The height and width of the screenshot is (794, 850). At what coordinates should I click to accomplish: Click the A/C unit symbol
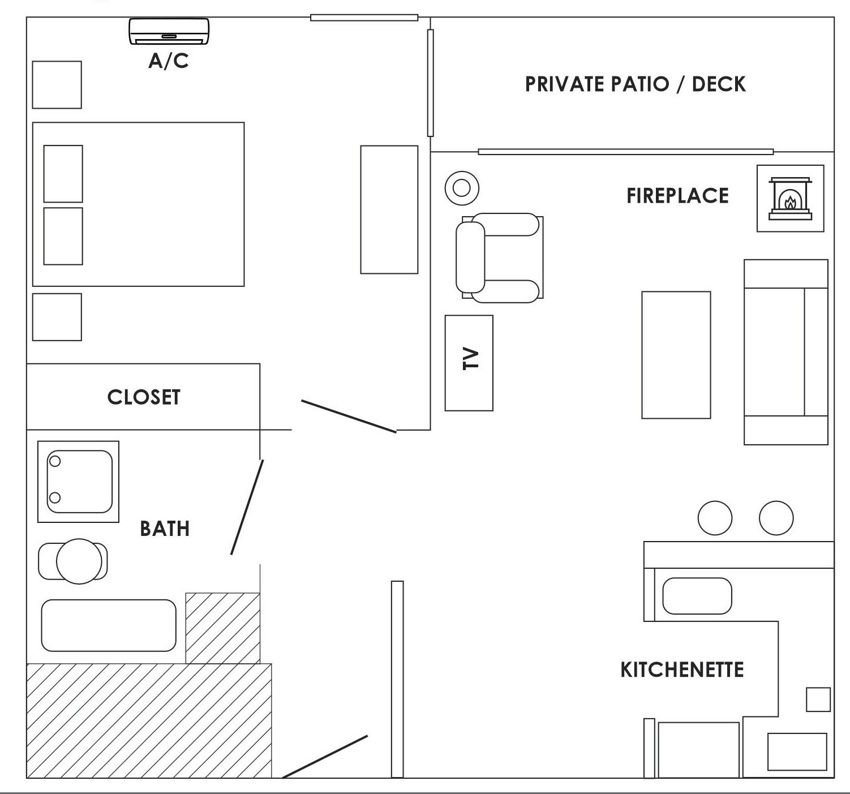[169, 31]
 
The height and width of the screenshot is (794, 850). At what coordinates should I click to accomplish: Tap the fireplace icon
[790, 199]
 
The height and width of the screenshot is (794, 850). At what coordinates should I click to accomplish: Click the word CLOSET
[144, 397]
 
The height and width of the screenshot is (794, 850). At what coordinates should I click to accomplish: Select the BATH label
[165, 529]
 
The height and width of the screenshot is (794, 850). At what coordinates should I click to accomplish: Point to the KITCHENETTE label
[682, 670]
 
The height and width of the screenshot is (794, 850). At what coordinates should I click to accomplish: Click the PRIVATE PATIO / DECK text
[635, 84]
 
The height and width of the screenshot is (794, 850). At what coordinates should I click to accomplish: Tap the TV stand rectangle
[469, 363]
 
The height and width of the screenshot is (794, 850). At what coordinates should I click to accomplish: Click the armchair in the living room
[500, 257]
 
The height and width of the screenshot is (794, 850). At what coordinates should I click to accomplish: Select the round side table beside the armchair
[462, 188]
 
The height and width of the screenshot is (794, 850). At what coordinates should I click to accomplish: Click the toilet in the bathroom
[74, 561]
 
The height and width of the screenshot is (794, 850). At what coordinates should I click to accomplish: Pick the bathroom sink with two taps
[78, 482]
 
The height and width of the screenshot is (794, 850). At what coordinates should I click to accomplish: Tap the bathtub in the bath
[109, 625]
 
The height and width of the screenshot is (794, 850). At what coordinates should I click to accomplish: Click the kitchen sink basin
[697, 596]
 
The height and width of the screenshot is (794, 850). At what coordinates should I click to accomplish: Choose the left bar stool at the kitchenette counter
[715, 518]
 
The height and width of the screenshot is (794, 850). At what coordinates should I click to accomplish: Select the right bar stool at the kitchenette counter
[776, 518]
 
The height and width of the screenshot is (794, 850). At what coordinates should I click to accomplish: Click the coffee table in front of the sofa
[676, 355]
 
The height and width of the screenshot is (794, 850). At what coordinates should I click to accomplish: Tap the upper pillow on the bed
[63, 174]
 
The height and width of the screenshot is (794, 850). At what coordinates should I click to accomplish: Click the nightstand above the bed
[57, 85]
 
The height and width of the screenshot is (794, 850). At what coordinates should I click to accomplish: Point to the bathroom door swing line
[247, 507]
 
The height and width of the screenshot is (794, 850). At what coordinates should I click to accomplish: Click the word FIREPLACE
[677, 196]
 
